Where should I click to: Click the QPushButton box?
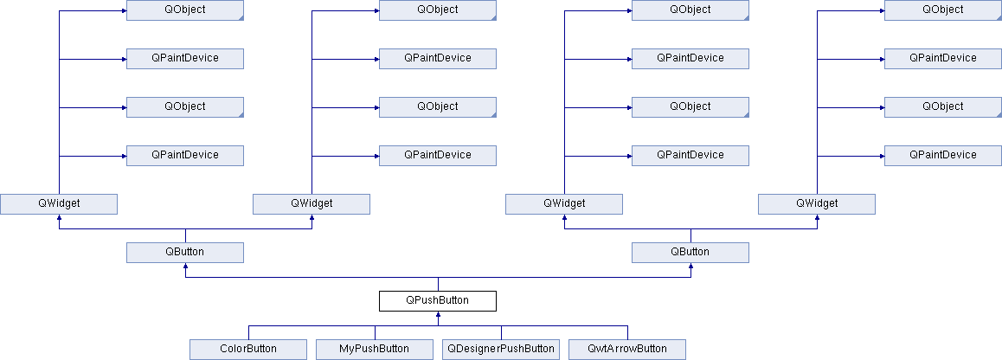438,300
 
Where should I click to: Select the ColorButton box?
248,349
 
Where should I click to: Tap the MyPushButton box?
375,349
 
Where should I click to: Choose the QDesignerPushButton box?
501,349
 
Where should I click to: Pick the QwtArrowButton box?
626,349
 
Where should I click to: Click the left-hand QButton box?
184,252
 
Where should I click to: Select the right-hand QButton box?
690,252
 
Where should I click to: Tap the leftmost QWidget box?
59,204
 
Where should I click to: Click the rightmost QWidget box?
817,204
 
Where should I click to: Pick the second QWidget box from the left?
312,204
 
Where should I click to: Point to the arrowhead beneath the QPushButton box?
438,314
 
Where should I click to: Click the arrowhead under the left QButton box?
184,266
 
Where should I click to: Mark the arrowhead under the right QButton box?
690,266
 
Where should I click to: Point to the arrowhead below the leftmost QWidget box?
59,217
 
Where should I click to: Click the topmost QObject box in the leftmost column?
184,10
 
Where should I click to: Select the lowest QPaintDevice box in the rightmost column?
942,156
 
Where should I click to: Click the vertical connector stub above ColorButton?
248,332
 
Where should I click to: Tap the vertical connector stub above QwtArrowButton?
626,332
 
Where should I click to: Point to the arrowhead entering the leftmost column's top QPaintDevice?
124,59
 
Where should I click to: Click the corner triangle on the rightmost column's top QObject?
999,17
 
